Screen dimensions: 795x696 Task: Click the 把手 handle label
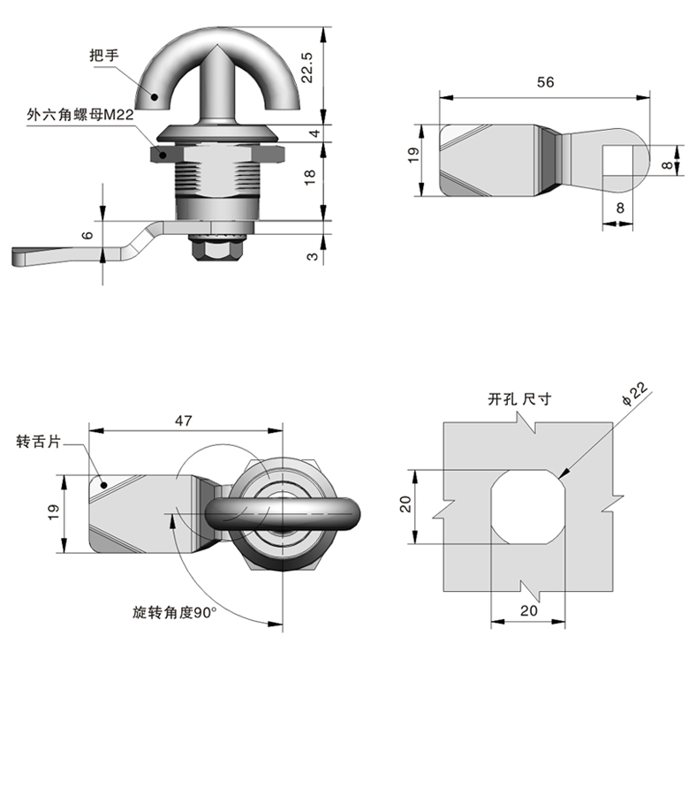click(103, 55)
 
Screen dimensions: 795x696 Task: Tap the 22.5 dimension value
click(308, 66)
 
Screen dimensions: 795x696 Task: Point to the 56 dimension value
click(545, 82)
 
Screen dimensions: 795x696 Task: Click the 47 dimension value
click(184, 421)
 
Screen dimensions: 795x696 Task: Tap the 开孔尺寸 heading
click(519, 399)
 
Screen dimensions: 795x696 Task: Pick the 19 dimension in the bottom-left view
click(53, 512)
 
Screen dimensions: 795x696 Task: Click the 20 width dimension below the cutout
click(527, 610)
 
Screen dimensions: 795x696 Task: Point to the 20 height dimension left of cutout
click(405, 504)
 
